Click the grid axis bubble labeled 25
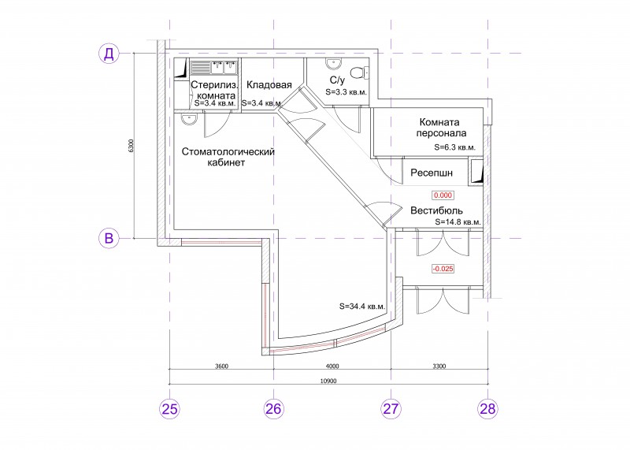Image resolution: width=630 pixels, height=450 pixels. pos(169,408)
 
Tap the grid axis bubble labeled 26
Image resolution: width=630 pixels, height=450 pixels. pos(273,408)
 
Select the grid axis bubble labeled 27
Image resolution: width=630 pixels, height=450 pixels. pos(391,408)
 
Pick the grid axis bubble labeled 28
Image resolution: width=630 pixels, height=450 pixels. pos(487,408)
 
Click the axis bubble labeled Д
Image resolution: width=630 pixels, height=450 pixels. pos(109,53)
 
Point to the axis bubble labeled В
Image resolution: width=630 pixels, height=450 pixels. pos(109,238)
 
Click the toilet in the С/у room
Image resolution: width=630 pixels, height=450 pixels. pos(360,73)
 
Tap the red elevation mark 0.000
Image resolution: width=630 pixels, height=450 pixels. pos(443,195)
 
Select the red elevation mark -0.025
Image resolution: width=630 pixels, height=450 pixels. pos(443,269)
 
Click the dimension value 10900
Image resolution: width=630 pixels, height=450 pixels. pos(329,381)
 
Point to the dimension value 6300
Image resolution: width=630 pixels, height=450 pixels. pos(130,146)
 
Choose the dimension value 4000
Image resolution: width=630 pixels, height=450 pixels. pos(332,366)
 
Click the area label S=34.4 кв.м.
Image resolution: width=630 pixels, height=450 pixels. pos(362,307)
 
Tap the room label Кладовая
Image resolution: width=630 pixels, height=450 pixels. pos(269,85)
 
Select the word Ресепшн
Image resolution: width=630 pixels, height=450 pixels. pos(432,173)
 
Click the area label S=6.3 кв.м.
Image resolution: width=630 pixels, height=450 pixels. pos(455,147)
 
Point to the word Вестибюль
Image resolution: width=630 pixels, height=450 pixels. pos(436,210)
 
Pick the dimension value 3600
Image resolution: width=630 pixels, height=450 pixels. pos(222,366)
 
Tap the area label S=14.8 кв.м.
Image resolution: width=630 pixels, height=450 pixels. pos(458,222)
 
